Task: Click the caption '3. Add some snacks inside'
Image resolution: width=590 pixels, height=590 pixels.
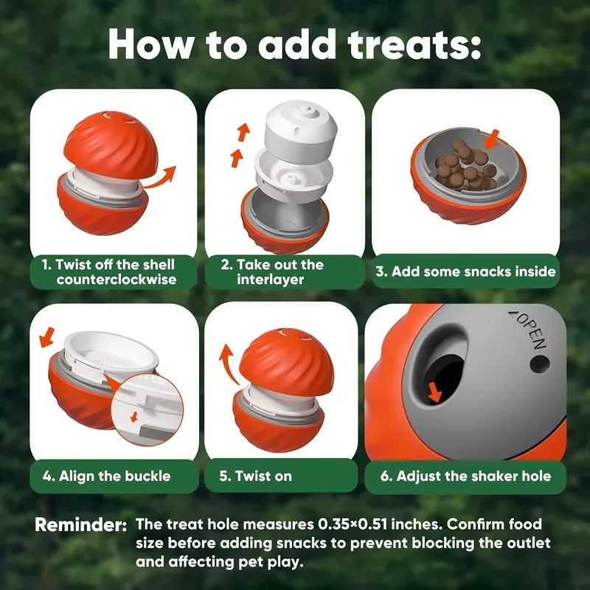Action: tap(465, 271)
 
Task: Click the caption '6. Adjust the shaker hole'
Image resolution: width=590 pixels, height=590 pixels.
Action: tap(465, 476)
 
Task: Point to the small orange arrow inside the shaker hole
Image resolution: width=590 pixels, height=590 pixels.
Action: tap(436, 393)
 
